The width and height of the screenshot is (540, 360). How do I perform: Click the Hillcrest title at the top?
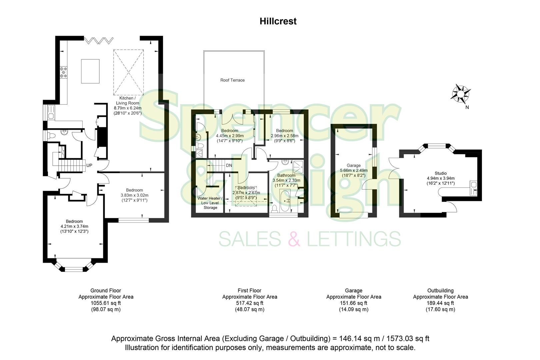(278, 21)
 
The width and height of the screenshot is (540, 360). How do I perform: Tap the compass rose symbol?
(461, 93)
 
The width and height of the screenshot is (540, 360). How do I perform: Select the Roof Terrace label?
(232, 80)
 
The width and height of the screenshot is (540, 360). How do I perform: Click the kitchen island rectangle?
(90, 71)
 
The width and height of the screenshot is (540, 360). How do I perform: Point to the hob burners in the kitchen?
(63, 72)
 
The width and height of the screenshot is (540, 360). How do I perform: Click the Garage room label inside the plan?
(353, 165)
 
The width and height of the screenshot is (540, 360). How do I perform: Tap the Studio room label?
(440, 173)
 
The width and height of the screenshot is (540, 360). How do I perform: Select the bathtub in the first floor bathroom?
(285, 201)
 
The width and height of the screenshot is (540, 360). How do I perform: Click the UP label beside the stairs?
(89, 165)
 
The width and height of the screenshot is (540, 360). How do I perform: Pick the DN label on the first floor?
(229, 165)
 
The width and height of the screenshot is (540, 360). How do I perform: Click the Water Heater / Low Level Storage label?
(210, 203)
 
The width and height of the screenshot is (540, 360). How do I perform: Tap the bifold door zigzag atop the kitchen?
(98, 41)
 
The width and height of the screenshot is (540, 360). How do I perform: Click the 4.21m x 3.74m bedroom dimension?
(74, 227)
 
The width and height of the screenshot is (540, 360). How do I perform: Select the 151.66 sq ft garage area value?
(354, 303)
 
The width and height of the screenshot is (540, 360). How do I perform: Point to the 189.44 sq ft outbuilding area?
(440, 303)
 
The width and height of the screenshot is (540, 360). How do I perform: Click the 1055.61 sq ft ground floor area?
(106, 303)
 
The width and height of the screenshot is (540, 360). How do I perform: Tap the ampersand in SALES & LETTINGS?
(294, 239)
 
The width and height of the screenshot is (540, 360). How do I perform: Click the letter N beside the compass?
(467, 107)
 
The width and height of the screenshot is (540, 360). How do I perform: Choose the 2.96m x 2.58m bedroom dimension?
(284, 136)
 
